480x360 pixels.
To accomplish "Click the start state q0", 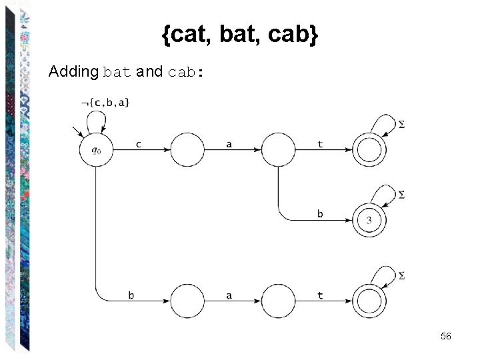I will [x=96, y=150].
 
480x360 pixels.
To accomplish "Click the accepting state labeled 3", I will [x=369, y=220].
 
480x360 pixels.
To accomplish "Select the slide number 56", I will [x=446, y=337].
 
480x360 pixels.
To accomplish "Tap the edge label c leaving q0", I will [x=138, y=143].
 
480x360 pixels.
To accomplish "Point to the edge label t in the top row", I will [x=320, y=143].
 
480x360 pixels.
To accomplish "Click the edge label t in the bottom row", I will [x=320, y=295].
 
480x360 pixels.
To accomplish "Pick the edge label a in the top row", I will [x=229, y=143].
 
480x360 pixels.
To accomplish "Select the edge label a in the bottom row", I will [x=229, y=295].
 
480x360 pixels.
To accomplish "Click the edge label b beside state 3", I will [x=320, y=213].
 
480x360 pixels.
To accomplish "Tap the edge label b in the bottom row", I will [x=131, y=295].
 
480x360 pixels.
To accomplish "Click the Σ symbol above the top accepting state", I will [x=401, y=125].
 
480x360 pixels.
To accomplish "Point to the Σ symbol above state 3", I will [x=401, y=195].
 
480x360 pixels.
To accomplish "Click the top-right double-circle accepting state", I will [x=369, y=150].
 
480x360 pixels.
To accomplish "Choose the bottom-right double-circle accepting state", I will [x=369, y=301].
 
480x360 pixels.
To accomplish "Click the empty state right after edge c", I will [x=187, y=150].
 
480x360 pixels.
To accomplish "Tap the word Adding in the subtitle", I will [x=73, y=71].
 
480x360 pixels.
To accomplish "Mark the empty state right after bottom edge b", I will [x=187, y=301].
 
